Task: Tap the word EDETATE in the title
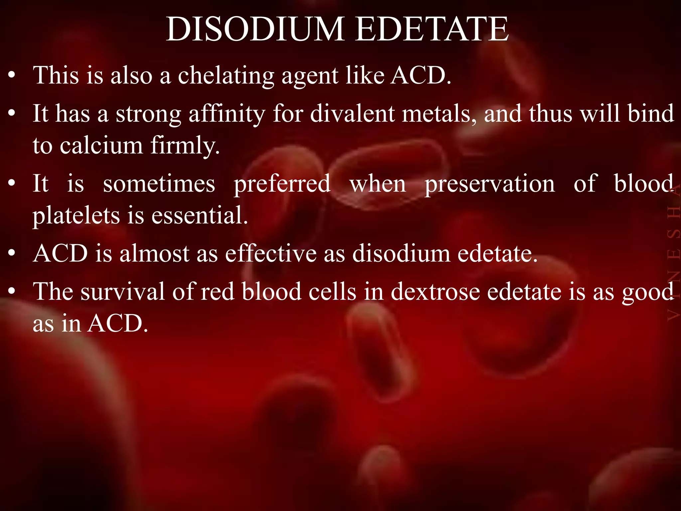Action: pos(432,29)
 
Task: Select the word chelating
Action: pos(226,76)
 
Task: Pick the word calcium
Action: pos(101,146)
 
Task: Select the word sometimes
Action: pos(159,184)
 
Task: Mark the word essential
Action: pos(200,216)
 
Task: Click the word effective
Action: pos(271,254)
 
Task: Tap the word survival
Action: pos(123,292)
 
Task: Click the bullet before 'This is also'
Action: pos(12,76)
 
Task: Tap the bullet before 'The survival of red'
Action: pos(12,292)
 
